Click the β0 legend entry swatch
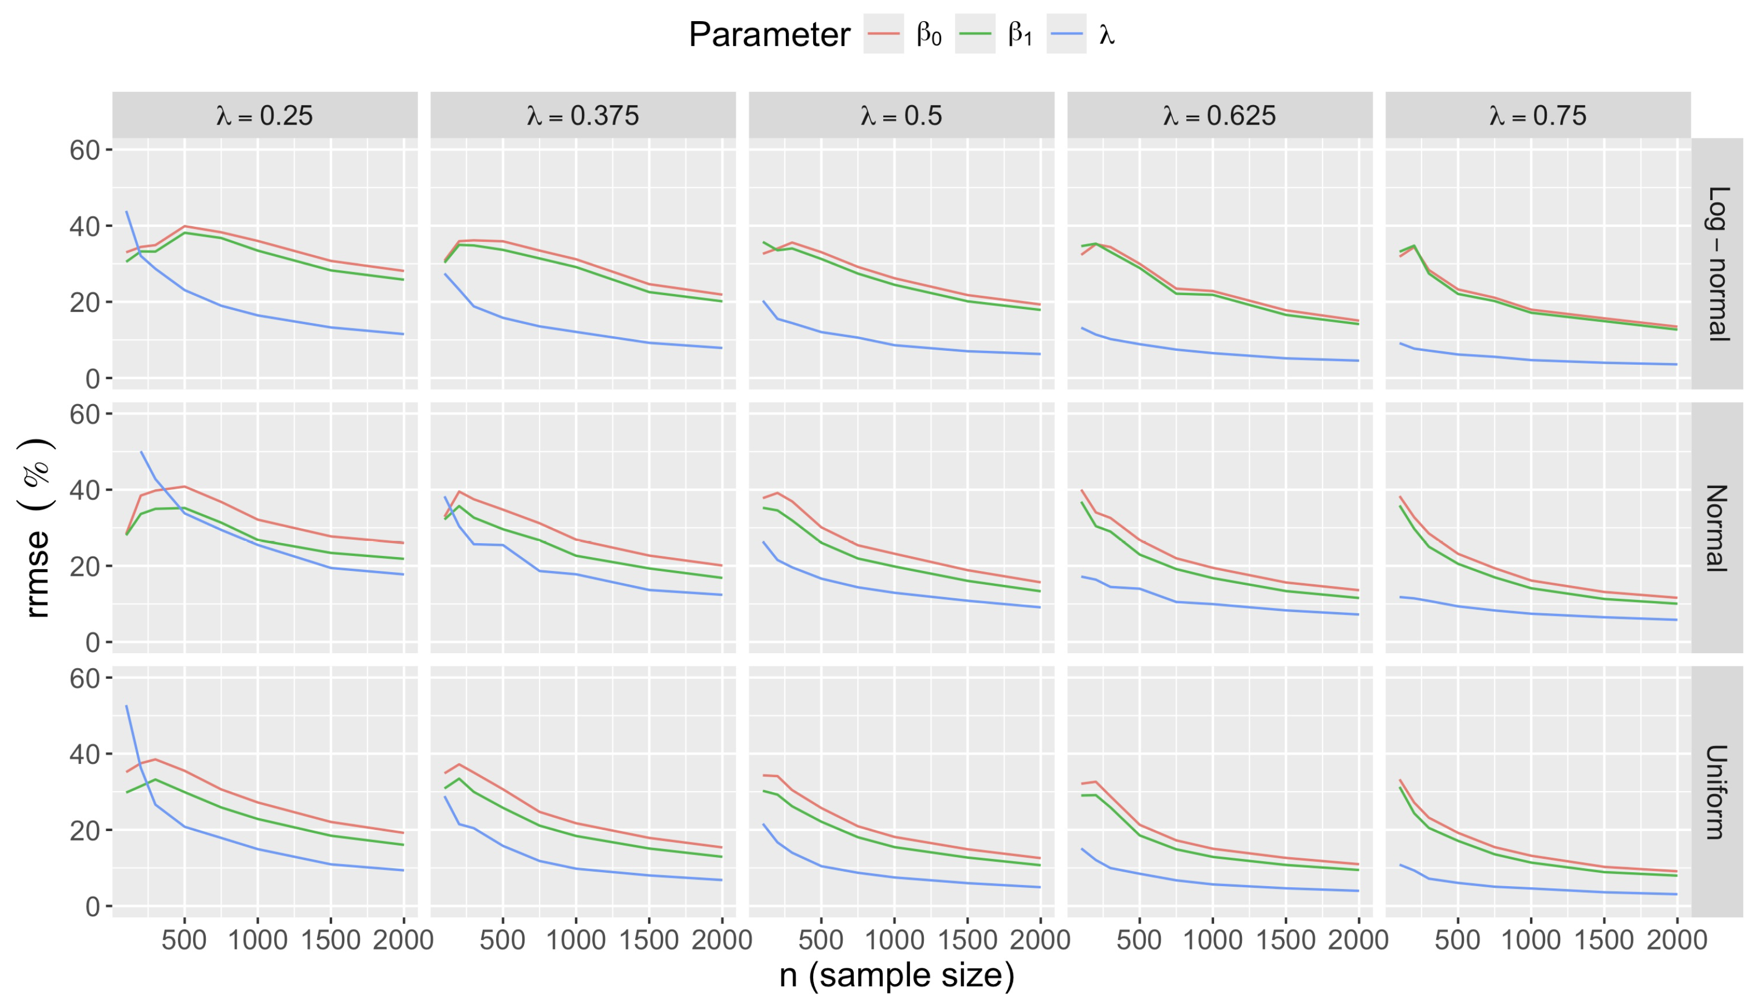point(883,34)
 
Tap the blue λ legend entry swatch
point(1066,34)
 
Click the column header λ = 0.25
point(265,115)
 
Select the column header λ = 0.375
point(583,115)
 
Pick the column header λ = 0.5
point(901,115)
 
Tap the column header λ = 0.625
point(1220,115)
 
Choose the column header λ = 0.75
point(1538,115)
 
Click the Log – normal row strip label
point(1718,264)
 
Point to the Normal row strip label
point(1718,528)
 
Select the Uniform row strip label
point(1718,792)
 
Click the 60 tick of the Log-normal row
point(85,150)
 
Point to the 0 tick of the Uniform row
point(92,906)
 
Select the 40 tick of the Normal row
point(85,490)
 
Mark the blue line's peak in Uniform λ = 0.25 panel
point(127,706)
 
